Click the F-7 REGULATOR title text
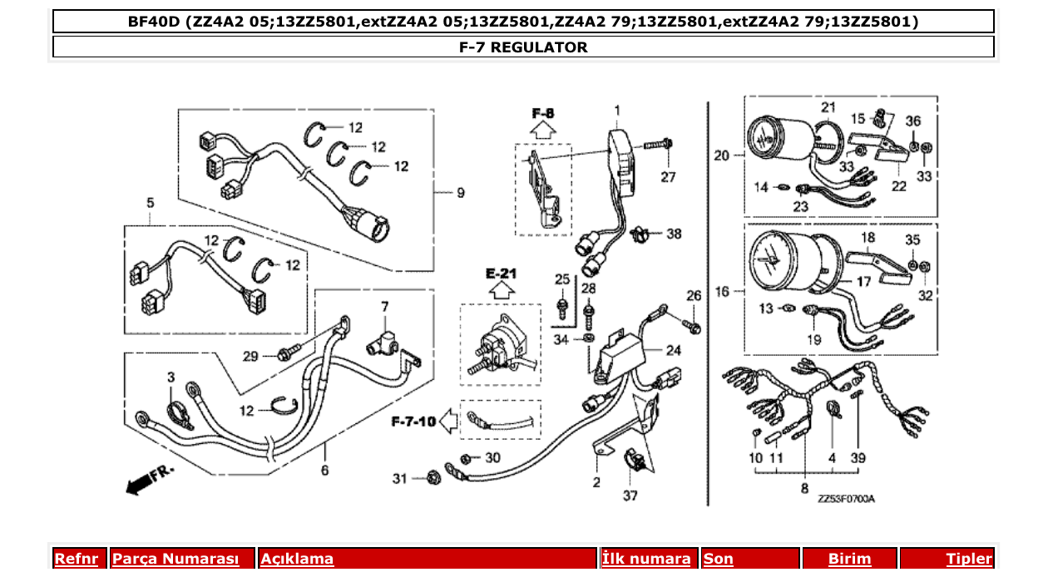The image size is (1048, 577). pyautogui.click(x=523, y=47)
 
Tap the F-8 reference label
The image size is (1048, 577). pyautogui.click(x=543, y=112)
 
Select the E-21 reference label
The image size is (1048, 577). pyautogui.click(x=502, y=274)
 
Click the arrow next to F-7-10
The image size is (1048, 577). pyautogui.click(x=448, y=422)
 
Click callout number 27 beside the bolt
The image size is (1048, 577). pyautogui.click(x=669, y=177)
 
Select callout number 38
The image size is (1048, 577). pyautogui.click(x=673, y=234)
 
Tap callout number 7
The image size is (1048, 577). pyautogui.click(x=384, y=307)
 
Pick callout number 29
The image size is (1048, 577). pyautogui.click(x=251, y=356)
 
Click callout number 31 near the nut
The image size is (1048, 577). pyautogui.click(x=401, y=478)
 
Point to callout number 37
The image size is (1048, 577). pyautogui.click(x=630, y=496)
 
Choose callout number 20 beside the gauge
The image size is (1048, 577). pyautogui.click(x=722, y=155)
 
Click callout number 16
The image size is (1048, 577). pyautogui.click(x=722, y=292)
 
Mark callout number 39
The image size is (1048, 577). pyautogui.click(x=858, y=458)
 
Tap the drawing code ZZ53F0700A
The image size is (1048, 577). pyautogui.click(x=846, y=499)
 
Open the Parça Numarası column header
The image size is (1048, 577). pyautogui.click(x=175, y=559)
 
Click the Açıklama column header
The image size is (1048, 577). pyautogui.click(x=297, y=559)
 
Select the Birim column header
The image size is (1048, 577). pyautogui.click(x=849, y=559)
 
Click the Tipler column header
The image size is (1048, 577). pyautogui.click(x=969, y=559)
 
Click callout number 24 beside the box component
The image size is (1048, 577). pyautogui.click(x=674, y=350)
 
